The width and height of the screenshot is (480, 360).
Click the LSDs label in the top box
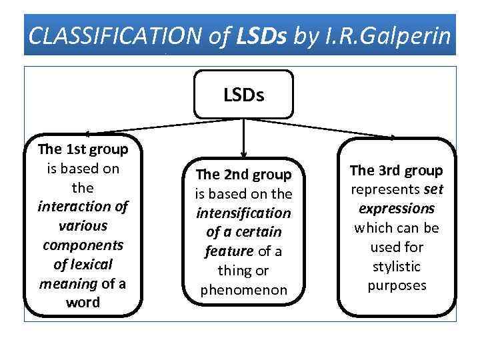pyautogui.click(x=243, y=95)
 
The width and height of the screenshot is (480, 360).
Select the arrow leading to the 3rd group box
pyautogui.click(x=327, y=128)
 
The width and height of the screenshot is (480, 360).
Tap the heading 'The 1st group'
pyautogui.click(x=83, y=149)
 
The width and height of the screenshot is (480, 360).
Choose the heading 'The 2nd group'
pyautogui.click(x=243, y=175)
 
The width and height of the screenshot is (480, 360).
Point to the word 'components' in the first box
pyautogui.click(x=83, y=245)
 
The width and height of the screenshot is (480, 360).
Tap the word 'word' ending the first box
pyautogui.click(x=83, y=302)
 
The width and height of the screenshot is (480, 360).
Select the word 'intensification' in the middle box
pyautogui.click(x=243, y=213)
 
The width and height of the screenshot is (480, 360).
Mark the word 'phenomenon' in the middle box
pyautogui.click(x=243, y=290)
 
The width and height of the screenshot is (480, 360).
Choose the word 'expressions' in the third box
pyautogui.click(x=397, y=209)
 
